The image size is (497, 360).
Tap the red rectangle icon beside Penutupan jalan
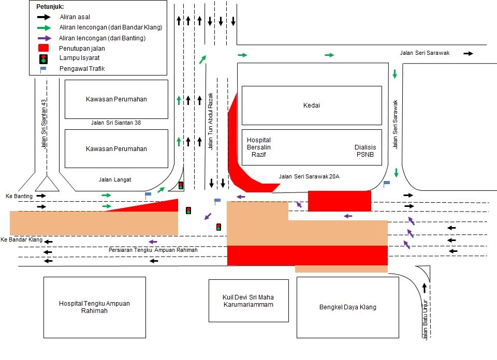pos(44,48)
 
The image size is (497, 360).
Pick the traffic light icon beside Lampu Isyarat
pos(44,58)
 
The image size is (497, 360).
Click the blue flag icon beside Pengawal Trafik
pos(43,68)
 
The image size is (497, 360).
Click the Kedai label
pos(312,106)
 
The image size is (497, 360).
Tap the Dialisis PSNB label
pos(365,151)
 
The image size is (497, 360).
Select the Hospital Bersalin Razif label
pos(259,147)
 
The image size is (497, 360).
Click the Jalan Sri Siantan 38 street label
pos(116,123)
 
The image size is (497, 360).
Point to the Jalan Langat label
pos(115,179)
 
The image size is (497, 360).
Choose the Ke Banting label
pos(19,196)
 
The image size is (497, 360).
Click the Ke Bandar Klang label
pos(21,240)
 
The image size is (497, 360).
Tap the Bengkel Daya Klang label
pos(347,307)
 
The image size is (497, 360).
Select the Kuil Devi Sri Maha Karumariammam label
pos(248,301)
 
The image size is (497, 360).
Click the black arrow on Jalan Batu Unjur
pos(425,288)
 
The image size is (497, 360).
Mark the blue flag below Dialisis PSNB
pos(386,183)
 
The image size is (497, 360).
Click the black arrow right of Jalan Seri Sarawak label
pos(468,53)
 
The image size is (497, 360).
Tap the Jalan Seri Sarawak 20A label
pos(309,176)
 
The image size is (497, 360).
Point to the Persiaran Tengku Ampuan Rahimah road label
pos(153,250)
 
